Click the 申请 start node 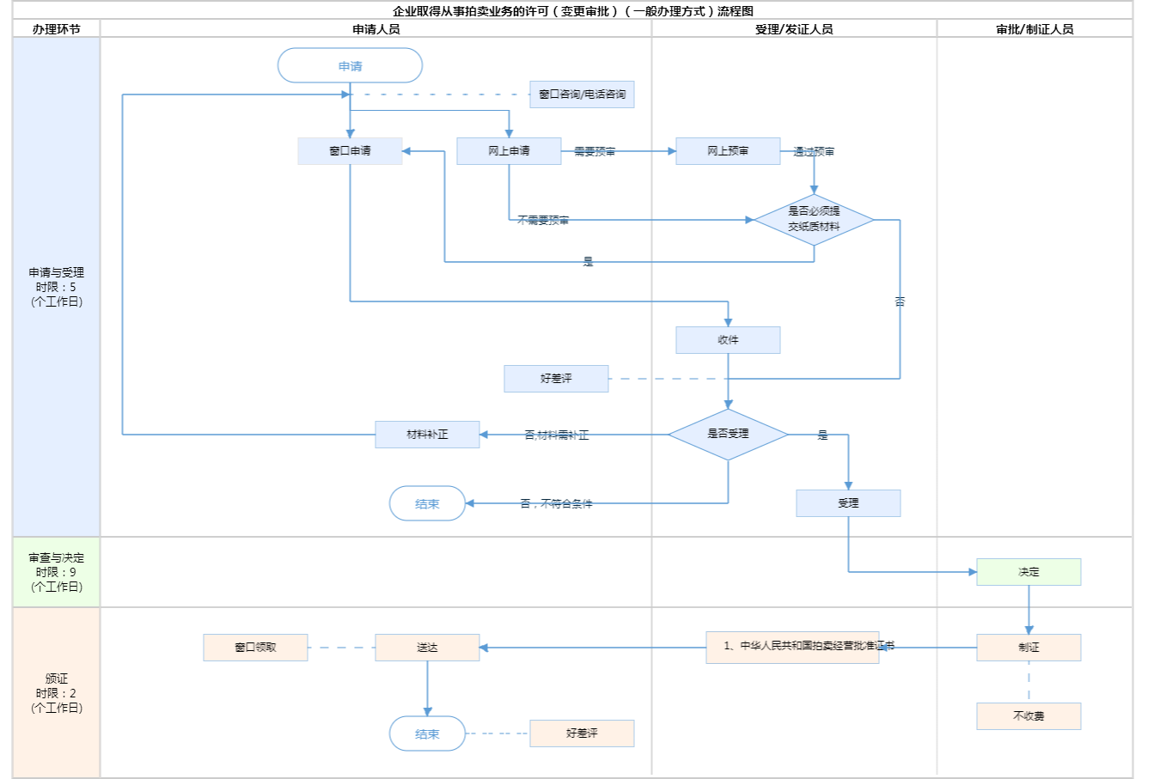350,66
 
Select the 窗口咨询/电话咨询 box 582,94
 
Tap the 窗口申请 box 350,151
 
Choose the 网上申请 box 509,151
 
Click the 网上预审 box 728,151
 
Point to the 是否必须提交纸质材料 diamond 814,219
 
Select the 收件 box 728,340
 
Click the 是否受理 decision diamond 728,434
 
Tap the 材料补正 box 427,435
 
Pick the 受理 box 848,503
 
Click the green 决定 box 1029,572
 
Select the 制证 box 1029,648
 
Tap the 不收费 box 1029,716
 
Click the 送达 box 427,648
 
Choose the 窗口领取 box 255,648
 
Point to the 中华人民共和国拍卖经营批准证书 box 792,648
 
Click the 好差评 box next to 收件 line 556,379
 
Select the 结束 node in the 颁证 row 427,734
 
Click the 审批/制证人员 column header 1035,29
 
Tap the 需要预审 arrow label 595,152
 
